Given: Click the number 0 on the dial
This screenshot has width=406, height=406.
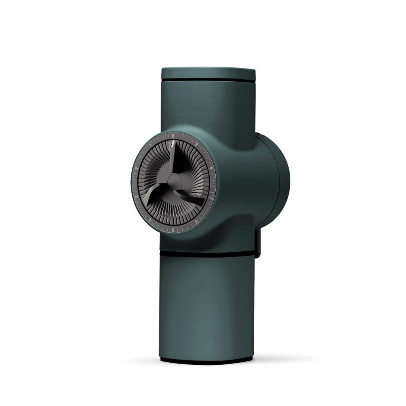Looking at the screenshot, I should [x=173, y=136].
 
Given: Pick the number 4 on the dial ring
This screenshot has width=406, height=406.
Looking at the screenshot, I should [x=149, y=219].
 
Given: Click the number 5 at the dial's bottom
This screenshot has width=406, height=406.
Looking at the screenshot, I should [x=173, y=230].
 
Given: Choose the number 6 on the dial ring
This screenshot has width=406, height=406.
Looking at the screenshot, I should [x=197, y=222].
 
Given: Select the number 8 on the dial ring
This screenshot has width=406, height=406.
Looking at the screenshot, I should [x=211, y=168].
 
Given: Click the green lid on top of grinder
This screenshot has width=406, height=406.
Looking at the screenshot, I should [x=208, y=74].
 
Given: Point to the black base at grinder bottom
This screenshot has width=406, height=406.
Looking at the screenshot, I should [x=206, y=360].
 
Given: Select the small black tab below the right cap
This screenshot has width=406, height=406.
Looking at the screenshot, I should [x=258, y=243].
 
